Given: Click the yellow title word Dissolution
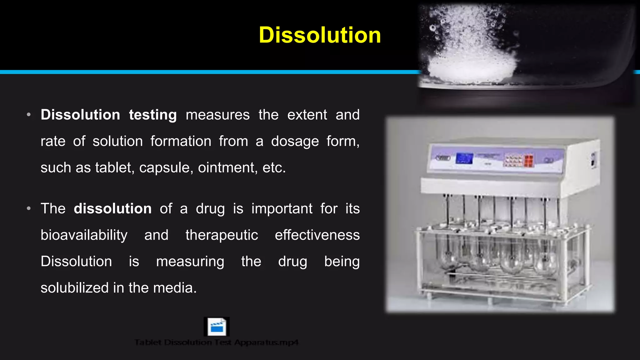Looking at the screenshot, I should [320, 35].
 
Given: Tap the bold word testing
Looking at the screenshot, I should [153, 115].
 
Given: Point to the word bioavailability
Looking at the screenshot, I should [84, 235].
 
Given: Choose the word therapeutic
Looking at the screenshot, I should [222, 235].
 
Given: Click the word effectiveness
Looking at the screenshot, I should [317, 235].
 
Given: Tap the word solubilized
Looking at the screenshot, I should [74, 288].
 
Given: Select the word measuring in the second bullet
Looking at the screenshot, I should [190, 262].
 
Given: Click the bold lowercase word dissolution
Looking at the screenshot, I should [112, 208].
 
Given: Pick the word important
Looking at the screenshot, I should [282, 208].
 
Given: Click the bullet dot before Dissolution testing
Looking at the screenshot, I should [29, 115].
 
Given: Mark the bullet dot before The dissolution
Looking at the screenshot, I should [29, 208].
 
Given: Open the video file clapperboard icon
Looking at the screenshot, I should [217, 327].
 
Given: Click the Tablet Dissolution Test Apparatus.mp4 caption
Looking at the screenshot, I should [217, 342].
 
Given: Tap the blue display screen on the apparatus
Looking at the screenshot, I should [464, 158].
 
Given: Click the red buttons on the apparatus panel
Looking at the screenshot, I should [528, 161].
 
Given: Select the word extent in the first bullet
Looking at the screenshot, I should [307, 115].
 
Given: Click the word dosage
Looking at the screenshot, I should [295, 141].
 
